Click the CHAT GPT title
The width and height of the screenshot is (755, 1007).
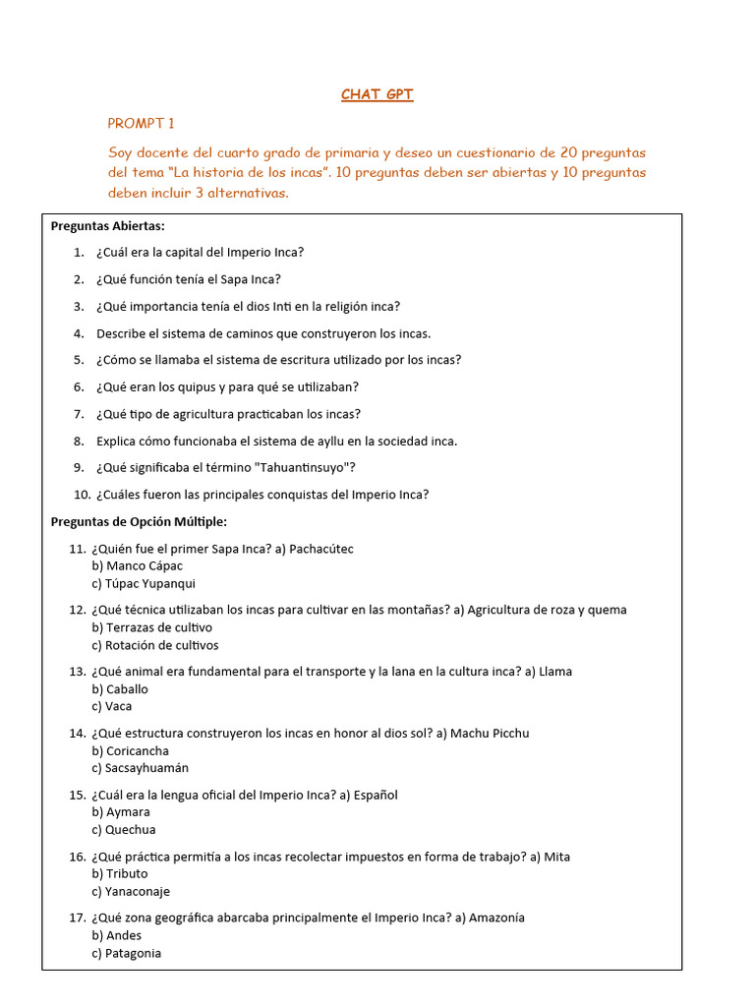377,94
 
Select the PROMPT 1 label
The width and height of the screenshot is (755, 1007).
141,123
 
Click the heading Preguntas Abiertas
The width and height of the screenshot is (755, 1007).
108,225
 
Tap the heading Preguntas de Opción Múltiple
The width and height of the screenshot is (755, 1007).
139,521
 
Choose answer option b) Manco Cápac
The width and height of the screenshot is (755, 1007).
137,565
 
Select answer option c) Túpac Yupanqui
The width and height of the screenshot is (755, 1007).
143,583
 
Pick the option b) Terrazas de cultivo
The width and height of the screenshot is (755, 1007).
151,627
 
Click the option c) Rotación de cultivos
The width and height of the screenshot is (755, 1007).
154,645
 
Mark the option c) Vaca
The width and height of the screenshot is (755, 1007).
111,706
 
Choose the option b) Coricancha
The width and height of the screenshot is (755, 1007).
130,751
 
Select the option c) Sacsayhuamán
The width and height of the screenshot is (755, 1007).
140,768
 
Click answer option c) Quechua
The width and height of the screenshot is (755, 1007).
123,830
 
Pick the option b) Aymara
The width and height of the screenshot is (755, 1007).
121,812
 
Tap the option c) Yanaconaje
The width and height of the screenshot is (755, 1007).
131,892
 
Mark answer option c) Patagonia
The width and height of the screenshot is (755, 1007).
126,953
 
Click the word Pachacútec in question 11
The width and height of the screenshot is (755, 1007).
320,548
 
